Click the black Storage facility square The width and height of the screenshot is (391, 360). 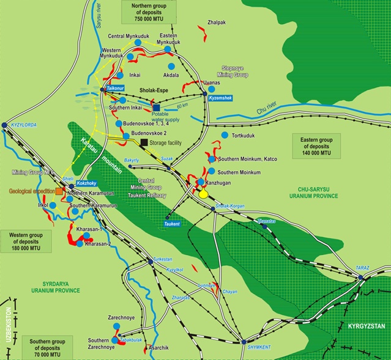(x=144, y=142)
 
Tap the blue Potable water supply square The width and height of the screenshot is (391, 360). (x=157, y=108)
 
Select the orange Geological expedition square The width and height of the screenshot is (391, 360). (x=59, y=191)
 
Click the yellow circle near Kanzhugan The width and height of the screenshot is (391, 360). (x=203, y=194)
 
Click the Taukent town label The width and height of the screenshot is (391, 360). (x=172, y=224)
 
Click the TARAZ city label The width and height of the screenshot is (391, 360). (x=363, y=268)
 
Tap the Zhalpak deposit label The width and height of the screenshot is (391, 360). (x=217, y=22)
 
